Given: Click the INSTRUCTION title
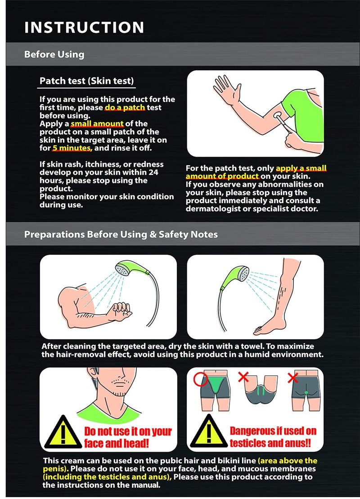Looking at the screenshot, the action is click(x=84, y=27).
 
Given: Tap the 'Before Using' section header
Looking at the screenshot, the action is click(x=54, y=54).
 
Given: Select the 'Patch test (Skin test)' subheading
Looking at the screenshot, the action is click(x=86, y=81).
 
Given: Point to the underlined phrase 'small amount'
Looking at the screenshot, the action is click(x=97, y=123).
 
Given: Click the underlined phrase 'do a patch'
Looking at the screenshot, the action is click(x=125, y=108).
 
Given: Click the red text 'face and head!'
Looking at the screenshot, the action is click(x=117, y=443).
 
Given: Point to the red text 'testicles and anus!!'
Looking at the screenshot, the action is click(x=270, y=443).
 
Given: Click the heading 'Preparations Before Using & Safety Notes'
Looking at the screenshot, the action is click(x=121, y=235).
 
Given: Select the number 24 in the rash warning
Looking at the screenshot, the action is click(x=153, y=172).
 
